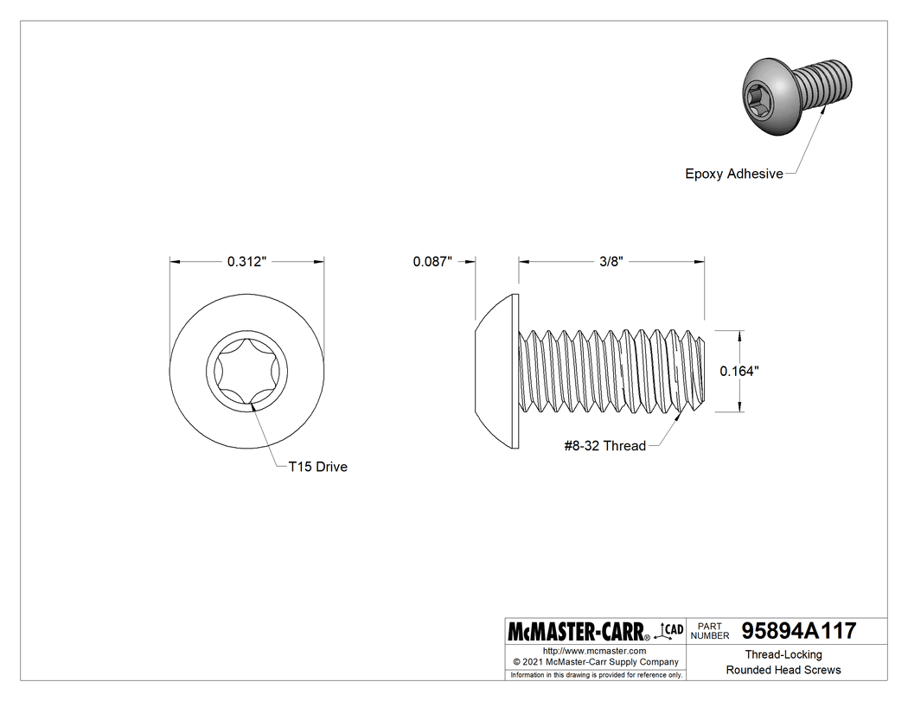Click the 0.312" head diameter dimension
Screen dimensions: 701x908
coord(246,262)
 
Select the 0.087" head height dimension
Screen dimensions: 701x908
coord(432,262)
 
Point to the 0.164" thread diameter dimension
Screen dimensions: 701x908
coord(739,371)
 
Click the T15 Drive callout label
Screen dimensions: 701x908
coord(317,467)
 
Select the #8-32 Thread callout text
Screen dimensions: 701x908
coord(604,446)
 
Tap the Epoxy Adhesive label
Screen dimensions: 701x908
coord(733,174)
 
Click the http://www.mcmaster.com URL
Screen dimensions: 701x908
coord(594,650)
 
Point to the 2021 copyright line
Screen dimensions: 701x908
coord(594,661)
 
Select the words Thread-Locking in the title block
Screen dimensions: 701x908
coord(783,654)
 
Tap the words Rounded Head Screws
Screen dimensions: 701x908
coord(783,670)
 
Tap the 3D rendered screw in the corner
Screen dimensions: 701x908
coord(796,95)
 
